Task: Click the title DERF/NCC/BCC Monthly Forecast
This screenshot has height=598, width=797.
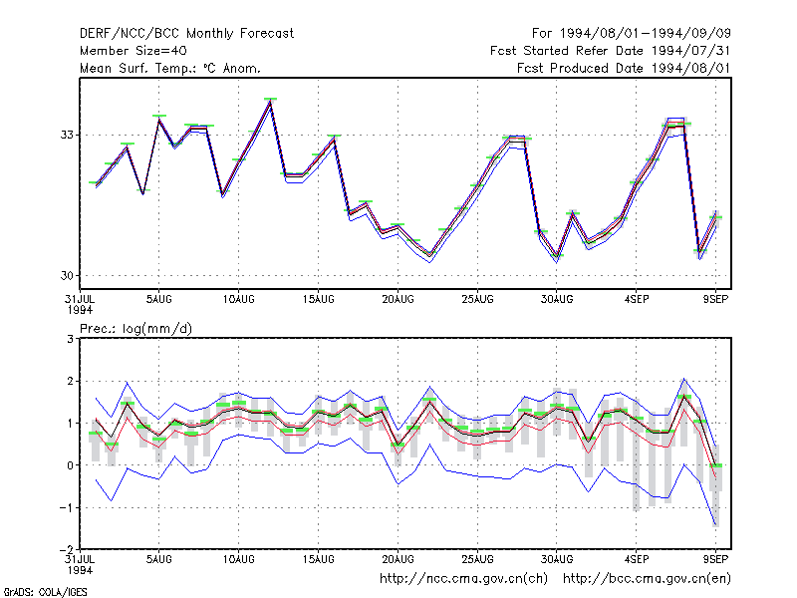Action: point(186,34)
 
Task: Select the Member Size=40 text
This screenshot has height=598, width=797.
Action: point(133,51)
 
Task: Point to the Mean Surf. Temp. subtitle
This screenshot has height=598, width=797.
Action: point(170,68)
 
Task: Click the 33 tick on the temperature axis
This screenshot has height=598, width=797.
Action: point(67,135)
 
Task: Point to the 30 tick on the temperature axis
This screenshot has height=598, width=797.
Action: point(67,276)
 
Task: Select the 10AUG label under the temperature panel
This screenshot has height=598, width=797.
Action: point(238,299)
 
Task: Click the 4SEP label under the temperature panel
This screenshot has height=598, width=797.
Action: point(637,299)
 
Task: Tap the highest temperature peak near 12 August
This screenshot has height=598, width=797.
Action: point(270,100)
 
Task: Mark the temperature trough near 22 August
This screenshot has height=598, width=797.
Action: point(430,256)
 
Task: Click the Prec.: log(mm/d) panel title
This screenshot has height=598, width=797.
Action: point(135,329)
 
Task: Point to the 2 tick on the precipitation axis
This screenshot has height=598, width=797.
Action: point(70,381)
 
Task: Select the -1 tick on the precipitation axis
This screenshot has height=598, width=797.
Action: point(67,507)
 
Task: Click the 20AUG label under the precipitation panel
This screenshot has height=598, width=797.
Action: point(398,559)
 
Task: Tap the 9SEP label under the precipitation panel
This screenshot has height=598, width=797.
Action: point(715,559)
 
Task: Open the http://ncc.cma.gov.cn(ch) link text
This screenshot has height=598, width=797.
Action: point(463,579)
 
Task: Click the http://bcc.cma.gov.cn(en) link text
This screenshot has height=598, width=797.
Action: point(647,579)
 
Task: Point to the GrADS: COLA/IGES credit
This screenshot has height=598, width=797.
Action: point(45,592)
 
